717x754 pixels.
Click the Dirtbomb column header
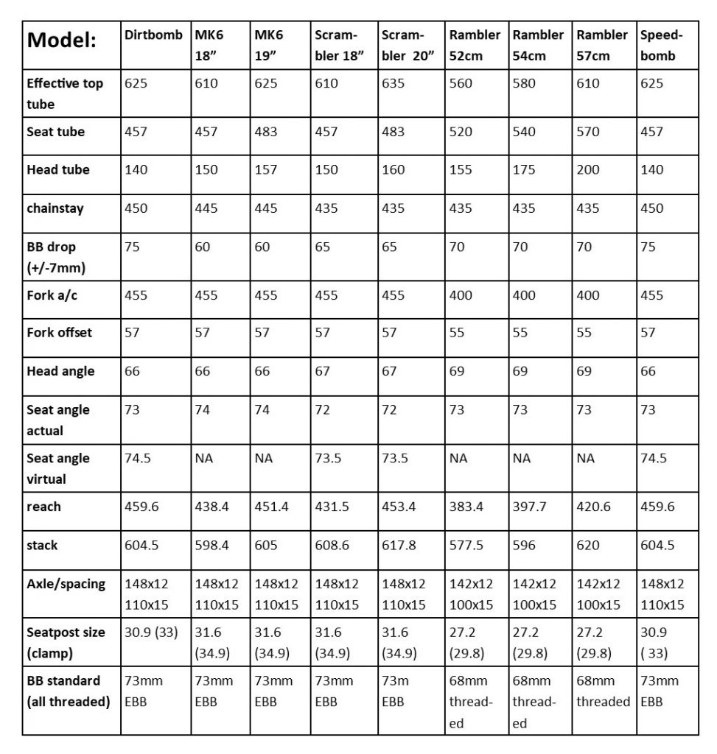click(x=153, y=35)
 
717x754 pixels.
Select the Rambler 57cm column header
click(x=602, y=45)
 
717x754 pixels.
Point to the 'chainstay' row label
click(x=55, y=208)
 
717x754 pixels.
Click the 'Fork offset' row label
click(x=60, y=333)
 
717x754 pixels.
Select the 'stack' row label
click(x=43, y=546)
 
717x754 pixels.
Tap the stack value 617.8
click(x=399, y=546)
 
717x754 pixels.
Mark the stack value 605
click(x=266, y=546)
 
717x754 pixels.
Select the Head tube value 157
click(x=266, y=169)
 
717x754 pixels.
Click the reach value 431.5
click(x=332, y=507)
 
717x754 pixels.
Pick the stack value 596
click(x=524, y=546)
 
